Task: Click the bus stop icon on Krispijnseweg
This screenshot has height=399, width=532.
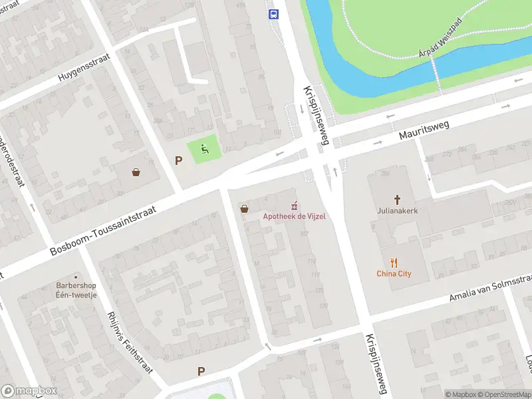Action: tap(273, 13)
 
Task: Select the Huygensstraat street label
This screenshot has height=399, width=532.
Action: tap(82, 68)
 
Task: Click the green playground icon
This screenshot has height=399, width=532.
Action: tap(205, 150)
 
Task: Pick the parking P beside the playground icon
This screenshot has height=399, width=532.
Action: tap(178, 160)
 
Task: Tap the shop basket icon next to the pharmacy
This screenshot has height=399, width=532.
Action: tap(245, 208)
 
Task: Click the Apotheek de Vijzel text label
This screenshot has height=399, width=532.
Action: tap(294, 217)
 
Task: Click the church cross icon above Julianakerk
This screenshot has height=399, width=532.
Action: tap(398, 199)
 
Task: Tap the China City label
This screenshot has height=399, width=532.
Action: tap(394, 273)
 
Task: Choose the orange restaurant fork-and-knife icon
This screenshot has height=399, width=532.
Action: tap(394, 261)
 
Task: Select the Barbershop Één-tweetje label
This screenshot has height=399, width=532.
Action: tap(76, 291)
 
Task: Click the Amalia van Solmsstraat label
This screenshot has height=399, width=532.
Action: tap(491, 288)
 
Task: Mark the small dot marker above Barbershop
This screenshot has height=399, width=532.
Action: tap(76, 276)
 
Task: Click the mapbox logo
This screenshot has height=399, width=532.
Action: tap(27, 391)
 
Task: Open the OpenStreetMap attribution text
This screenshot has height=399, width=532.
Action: tap(503, 394)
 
